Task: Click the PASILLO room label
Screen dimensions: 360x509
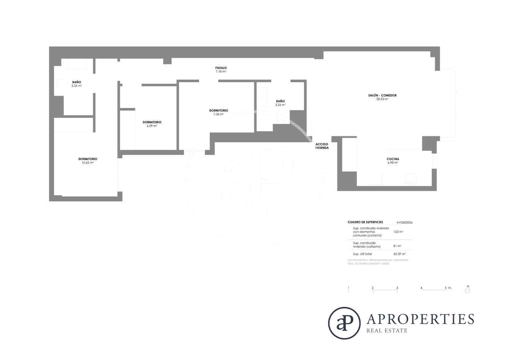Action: [x=221, y=68]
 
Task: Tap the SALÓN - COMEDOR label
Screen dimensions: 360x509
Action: [x=382, y=95]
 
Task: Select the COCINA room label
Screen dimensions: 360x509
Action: [x=393, y=159]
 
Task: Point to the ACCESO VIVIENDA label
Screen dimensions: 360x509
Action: [x=322, y=146]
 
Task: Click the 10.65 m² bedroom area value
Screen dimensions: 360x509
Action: [x=88, y=163]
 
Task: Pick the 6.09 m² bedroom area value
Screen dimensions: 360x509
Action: [x=152, y=126]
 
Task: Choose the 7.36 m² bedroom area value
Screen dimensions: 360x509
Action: [x=219, y=114]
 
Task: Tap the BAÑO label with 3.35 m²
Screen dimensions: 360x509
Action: [x=76, y=82]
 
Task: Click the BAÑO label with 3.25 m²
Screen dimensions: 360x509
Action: [x=280, y=101]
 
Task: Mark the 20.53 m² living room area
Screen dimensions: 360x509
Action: [x=382, y=99]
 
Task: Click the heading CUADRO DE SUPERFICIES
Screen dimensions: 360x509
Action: [x=365, y=222]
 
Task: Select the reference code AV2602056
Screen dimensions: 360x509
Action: [x=404, y=222]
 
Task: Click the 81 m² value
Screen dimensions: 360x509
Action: [x=397, y=246]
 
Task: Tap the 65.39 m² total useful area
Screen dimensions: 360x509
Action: [x=399, y=254]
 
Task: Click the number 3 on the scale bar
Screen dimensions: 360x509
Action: [x=397, y=288]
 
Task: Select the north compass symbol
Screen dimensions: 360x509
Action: [x=468, y=290]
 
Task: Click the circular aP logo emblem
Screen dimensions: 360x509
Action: [x=344, y=323]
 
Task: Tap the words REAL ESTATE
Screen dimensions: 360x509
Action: [x=387, y=331]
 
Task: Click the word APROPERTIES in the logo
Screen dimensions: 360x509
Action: [x=420, y=319]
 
